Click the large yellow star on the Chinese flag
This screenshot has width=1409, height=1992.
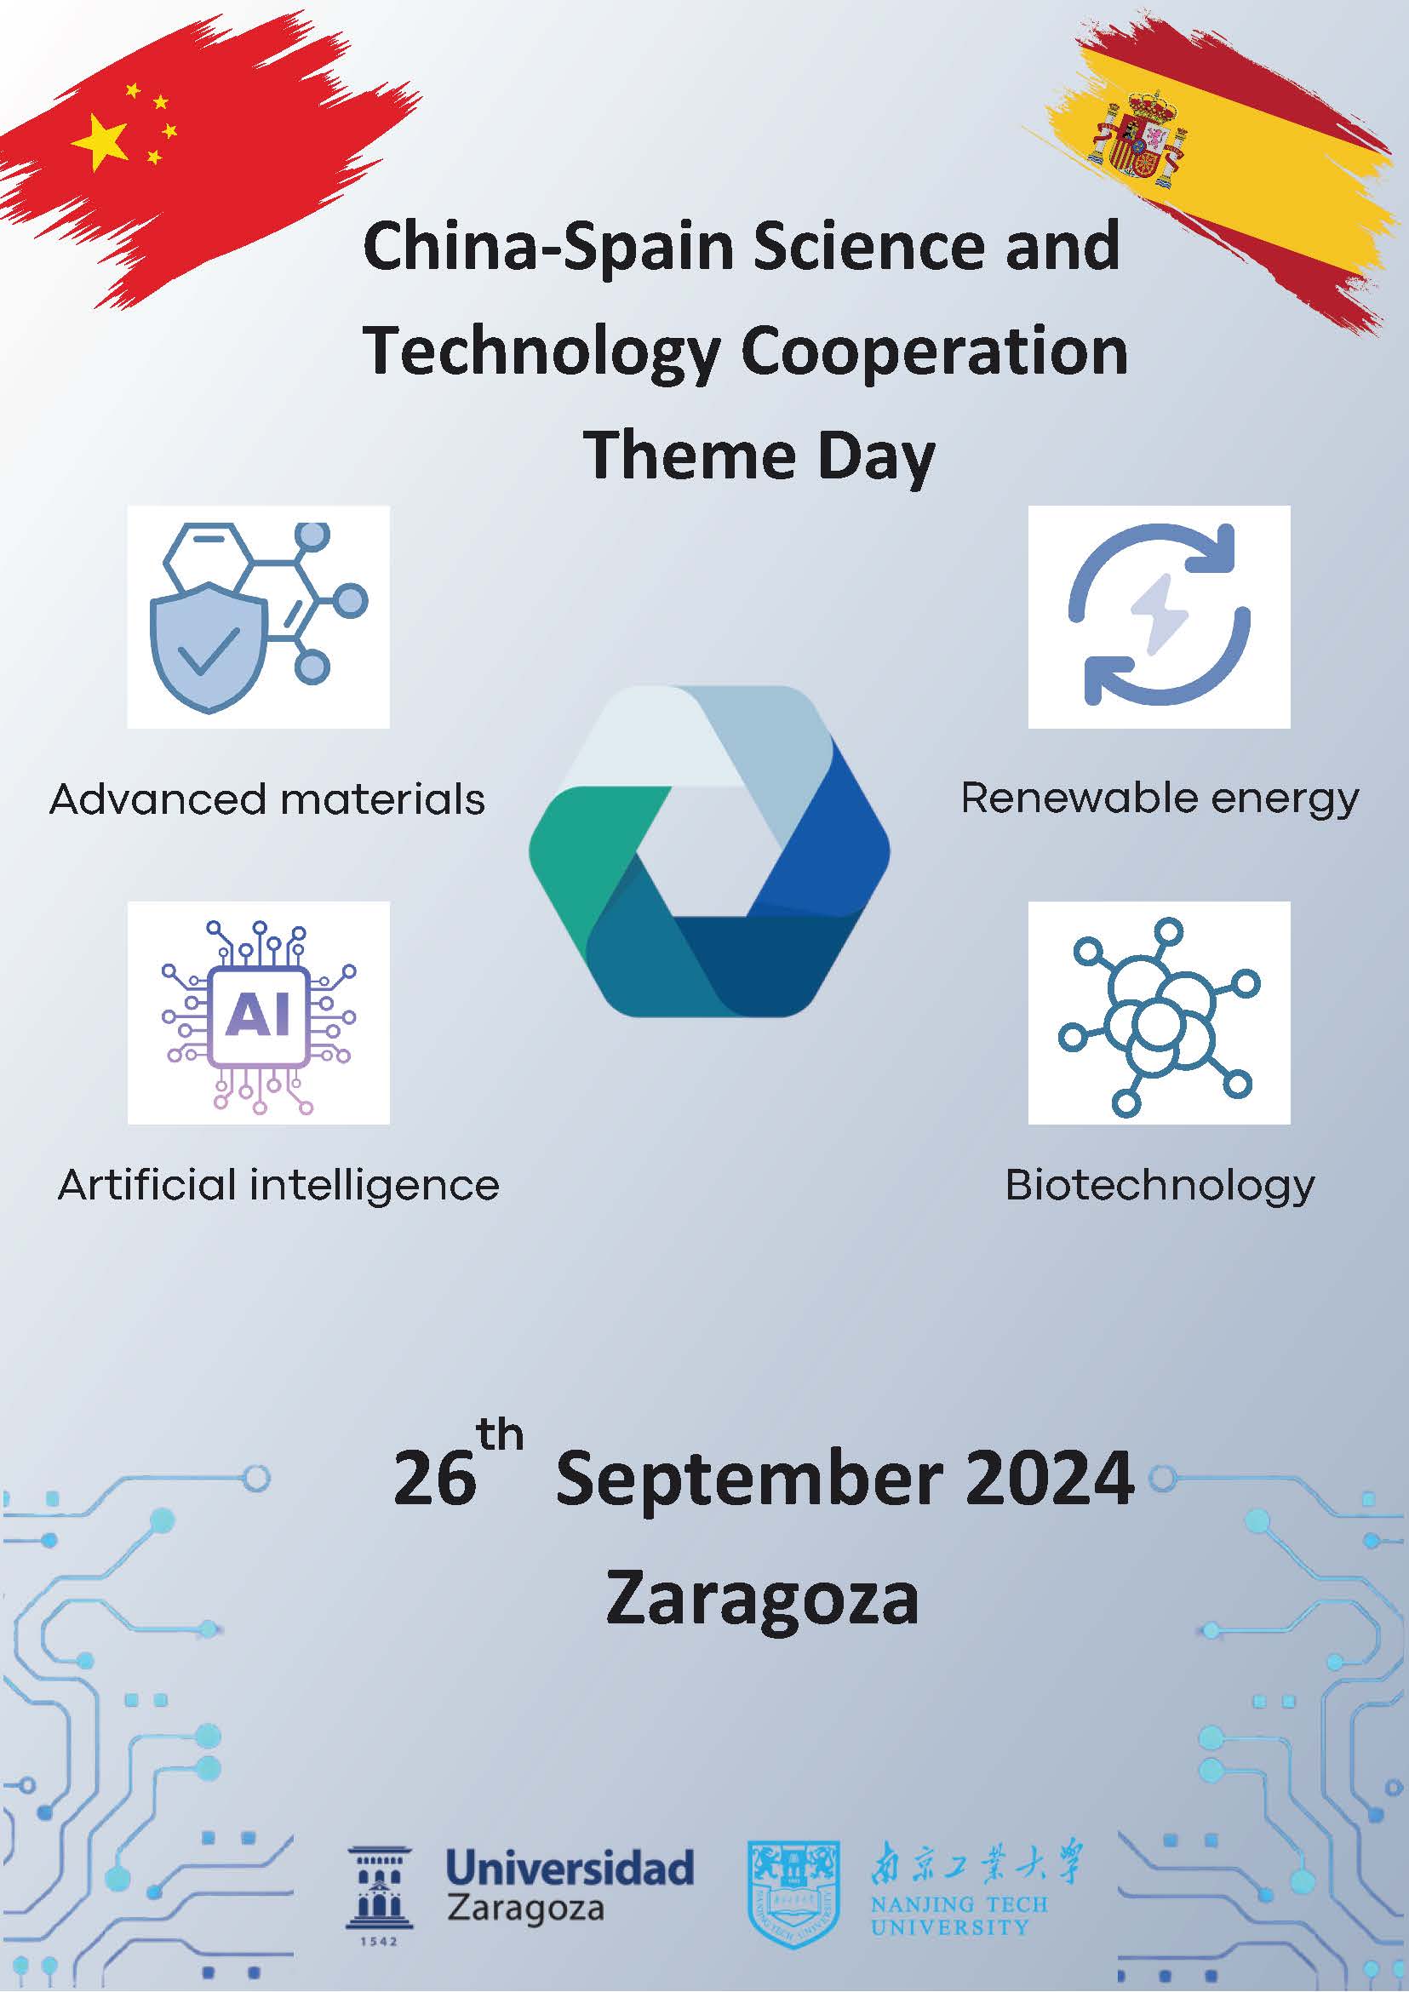coord(99,141)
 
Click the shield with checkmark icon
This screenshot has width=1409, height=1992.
coord(209,647)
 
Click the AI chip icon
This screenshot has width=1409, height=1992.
coord(259,1016)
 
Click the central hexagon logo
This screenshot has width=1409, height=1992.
coord(709,850)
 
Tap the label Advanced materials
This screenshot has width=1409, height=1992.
coord(267,799)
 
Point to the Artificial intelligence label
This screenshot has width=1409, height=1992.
coord(278,1186)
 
